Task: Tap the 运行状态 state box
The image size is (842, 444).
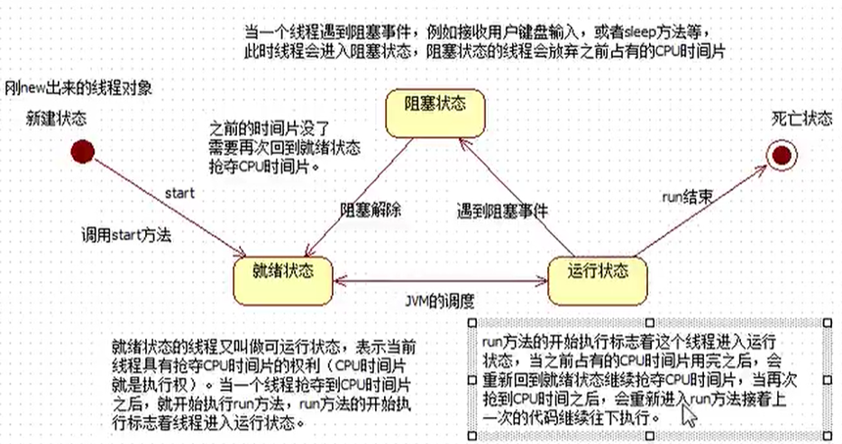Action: point(599,270)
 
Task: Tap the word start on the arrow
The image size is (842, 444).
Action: point(179,192)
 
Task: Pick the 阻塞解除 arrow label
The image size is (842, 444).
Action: point(370,209)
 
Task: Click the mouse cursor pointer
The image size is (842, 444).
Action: point(689,414)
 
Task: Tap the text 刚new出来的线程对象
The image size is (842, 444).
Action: point(78,88)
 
